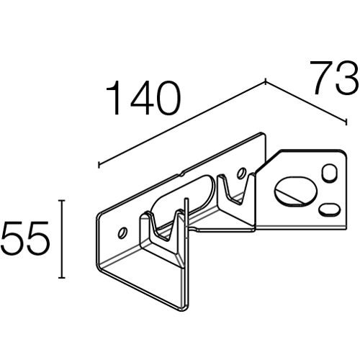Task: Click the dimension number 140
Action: [143, 98]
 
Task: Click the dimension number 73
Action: [335, 77]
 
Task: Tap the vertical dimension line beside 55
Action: [62, 239]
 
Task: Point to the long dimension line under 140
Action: [182, 124]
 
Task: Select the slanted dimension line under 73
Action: [305, 102]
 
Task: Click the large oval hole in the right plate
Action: [296, 192]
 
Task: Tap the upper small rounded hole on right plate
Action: [329, 172]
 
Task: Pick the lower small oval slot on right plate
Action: [330, 209]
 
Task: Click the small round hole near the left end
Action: [123, 233]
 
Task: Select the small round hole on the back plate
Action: [241, 173]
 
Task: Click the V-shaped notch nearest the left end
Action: [163, 226]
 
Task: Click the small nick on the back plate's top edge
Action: [181, 173]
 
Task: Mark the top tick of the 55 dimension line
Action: [62, 200]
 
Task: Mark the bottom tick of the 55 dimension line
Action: [62, 278]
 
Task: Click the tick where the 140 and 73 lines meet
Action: [265, 82]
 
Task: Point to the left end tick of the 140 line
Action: [99, 165]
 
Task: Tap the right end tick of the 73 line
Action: [346, 121]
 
